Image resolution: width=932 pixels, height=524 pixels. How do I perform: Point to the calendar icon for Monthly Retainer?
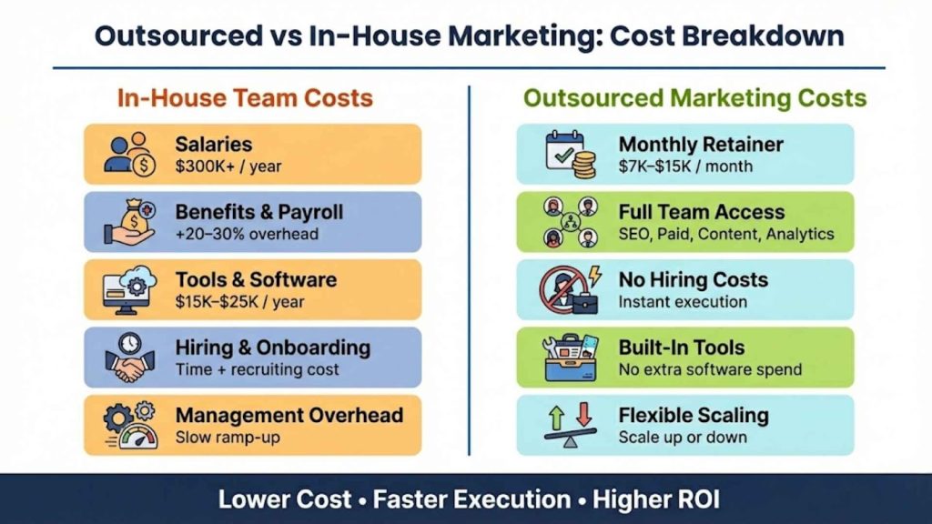pos(570,155)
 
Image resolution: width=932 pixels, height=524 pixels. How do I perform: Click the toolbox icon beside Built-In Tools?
pos(570,358)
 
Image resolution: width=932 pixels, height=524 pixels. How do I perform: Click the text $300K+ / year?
pos(228,166)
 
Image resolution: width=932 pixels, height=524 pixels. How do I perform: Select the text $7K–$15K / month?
pos(685,166)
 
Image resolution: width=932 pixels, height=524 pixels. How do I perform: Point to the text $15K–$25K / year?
pos(240,302)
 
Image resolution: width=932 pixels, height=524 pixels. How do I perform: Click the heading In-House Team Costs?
pos(245,98)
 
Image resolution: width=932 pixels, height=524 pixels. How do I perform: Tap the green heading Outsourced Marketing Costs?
pos(695,98)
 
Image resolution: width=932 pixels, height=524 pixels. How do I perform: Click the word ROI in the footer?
pos(692,499)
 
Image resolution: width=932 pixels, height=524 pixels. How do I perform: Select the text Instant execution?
pos(683,302)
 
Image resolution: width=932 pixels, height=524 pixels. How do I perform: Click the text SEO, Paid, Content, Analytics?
pos(726,235)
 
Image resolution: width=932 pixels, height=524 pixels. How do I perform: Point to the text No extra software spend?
pos(710,369)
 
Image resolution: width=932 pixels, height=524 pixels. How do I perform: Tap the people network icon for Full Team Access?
pos(570,222)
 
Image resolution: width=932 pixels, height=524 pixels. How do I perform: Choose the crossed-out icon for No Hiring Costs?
pos(570,290)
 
